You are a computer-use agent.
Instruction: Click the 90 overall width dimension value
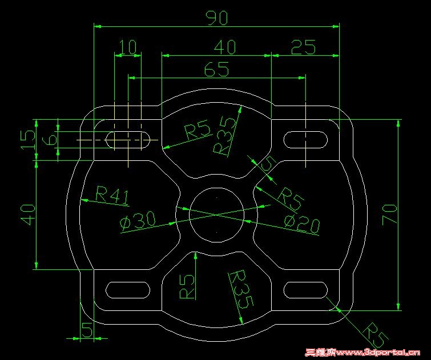click(217, 18)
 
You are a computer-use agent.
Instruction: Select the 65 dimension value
click(216, 68)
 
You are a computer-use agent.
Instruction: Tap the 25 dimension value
click(303, 47)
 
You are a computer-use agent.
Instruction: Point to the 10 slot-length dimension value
click(128, 47)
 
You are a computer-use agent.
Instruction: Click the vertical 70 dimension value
click(390, 215)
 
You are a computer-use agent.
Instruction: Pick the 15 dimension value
click(29, 139)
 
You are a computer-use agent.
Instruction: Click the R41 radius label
click(112, 195)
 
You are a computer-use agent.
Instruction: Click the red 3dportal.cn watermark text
click(363, 353)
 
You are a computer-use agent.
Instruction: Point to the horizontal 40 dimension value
click(225, 47)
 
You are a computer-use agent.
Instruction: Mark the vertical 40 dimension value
click(29, 215)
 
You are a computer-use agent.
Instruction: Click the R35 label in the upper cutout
click(225, 135)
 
